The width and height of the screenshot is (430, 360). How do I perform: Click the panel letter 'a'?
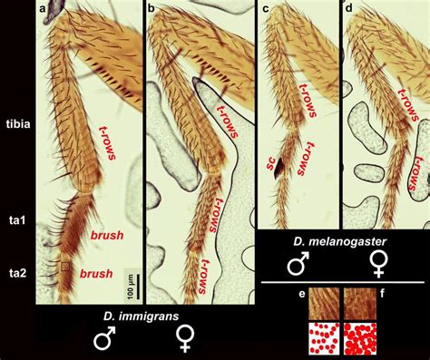[42, 8]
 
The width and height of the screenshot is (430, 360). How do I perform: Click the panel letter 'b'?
[151, 8]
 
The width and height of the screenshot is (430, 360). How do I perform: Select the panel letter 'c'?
[265, 8]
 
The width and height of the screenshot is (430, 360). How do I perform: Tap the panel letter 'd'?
[349, 8]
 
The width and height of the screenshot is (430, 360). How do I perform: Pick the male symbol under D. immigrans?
[106, 341]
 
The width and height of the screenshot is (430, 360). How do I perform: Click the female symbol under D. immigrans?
[184, 341]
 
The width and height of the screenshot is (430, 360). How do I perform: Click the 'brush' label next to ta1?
[106, 235]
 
